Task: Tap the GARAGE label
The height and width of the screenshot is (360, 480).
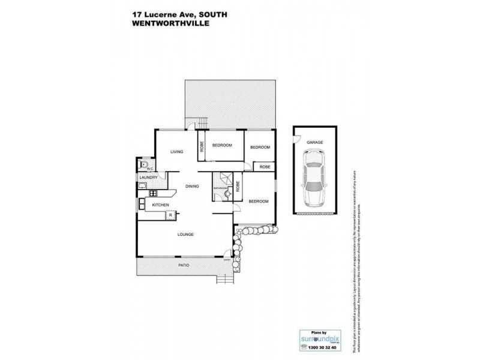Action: click(315, 142)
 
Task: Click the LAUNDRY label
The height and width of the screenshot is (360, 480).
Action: click(148, 178)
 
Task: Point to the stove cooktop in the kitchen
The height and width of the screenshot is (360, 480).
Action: click(153, 193)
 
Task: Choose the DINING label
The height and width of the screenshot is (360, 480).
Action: click(191, 187)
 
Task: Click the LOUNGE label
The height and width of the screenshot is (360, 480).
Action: click(185, 234)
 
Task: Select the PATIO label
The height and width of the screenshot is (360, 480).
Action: click(184, 265)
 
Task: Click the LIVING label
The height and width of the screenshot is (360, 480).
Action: click(176, 152)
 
